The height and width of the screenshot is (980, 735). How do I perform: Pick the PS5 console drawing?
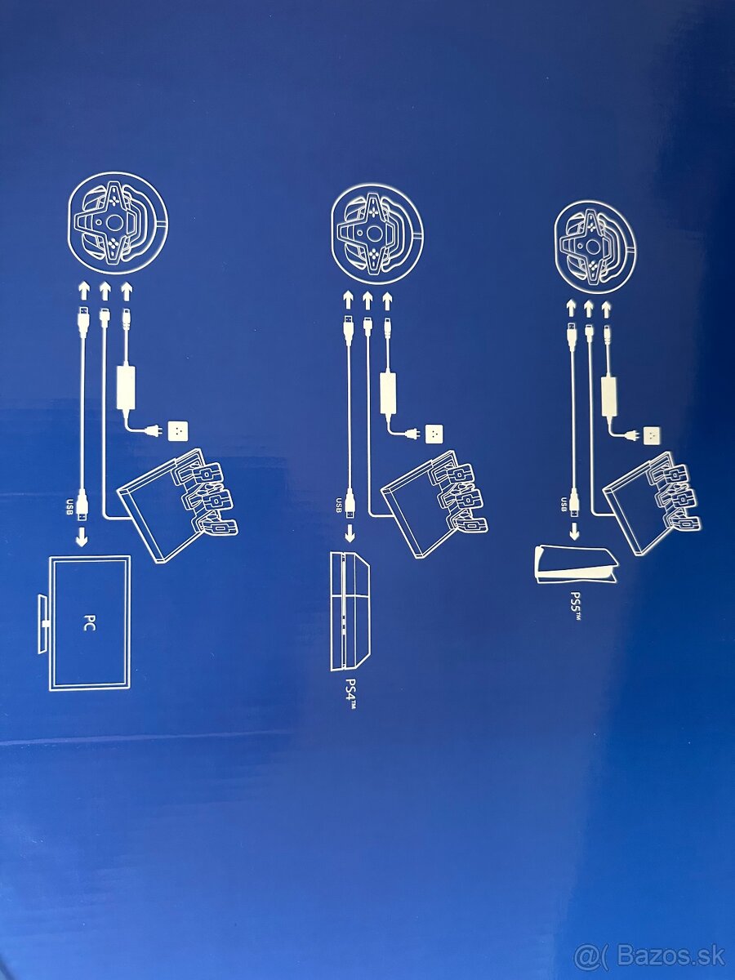(x=576, y=565)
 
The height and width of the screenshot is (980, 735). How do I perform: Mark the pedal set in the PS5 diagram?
(x=652, y=504)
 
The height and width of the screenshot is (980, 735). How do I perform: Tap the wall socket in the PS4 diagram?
(x=433, y=433)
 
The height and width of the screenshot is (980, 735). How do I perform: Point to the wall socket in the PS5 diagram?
(x=653, y=434)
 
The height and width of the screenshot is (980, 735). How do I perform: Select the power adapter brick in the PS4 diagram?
(x=388, y=393)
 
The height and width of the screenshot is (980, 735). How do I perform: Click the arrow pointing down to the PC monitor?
(x=82, y=537)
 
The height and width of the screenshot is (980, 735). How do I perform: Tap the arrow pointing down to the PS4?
(x=350, y=533)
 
